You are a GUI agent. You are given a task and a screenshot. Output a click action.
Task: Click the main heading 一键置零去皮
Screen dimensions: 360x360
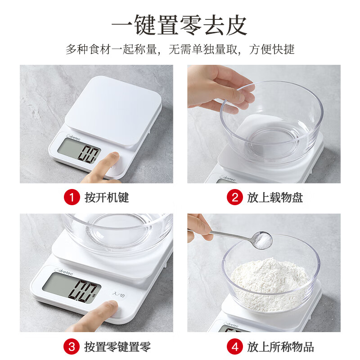coord(180,26)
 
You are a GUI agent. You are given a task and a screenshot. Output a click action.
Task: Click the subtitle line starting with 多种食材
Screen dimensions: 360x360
coord(180,49)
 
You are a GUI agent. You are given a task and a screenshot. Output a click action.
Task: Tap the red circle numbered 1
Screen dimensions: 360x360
coord(70,197)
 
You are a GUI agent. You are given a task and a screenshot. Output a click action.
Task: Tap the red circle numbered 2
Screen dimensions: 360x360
coord(234,197)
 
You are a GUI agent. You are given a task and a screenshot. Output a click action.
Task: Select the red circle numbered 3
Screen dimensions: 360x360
coord(70,346)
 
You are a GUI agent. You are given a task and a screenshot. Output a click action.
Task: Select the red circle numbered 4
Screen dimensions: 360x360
coord(234,346)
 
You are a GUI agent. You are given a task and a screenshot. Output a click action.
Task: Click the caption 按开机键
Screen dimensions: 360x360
coord(107,197)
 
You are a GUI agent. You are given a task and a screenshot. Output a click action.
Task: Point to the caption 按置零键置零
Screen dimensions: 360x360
coord(117,346)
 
